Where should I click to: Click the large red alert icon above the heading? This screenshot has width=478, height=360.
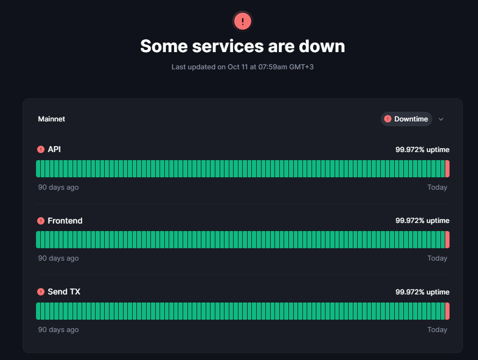242,21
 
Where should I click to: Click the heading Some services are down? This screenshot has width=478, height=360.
242,46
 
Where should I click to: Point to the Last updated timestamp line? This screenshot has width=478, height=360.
242,67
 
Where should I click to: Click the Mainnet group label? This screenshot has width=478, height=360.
52,119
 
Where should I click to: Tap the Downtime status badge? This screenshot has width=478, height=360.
406,119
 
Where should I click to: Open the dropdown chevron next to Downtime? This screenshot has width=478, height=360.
441,119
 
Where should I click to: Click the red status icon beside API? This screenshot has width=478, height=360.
41,149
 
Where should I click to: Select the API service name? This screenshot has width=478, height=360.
54,149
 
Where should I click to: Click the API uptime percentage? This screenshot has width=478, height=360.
422,149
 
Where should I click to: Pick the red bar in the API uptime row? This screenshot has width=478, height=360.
447,169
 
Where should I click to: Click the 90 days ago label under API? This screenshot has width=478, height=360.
58,188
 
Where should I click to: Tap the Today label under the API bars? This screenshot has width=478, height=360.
437,188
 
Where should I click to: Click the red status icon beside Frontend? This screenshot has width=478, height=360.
41,221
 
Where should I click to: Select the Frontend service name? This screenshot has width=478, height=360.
65,221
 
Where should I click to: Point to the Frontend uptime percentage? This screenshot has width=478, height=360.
422,221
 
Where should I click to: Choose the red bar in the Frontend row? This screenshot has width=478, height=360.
447,240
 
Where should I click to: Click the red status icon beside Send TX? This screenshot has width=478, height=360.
41,292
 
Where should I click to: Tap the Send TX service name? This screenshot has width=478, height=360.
64,292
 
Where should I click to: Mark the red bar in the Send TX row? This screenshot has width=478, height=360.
447,311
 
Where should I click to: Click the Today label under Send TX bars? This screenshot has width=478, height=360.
437,329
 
